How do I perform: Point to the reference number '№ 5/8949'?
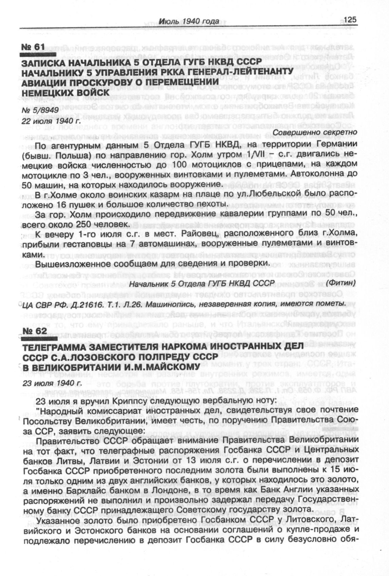[x=40, y=110]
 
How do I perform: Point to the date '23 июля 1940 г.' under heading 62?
[x=51, y=383]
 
